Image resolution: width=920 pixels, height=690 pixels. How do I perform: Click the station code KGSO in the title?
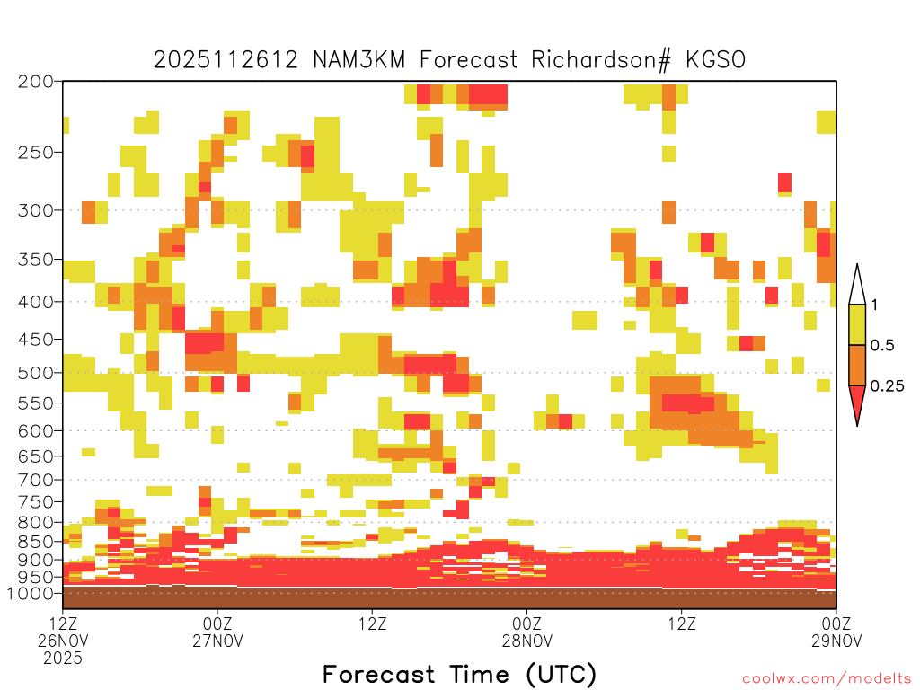(x=716, y=60)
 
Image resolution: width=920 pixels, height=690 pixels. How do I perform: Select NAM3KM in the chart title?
(x=359, y=60)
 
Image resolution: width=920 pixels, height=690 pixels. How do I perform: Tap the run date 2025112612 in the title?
(x=226, y=60)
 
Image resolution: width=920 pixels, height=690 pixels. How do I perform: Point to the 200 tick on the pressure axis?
(x=36, y=82)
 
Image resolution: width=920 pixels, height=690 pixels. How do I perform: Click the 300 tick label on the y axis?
(x=36, y=210)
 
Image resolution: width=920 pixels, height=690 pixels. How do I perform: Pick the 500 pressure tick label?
(x=36, y=373)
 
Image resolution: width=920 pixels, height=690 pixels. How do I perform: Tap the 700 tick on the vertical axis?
(x=36, y=480)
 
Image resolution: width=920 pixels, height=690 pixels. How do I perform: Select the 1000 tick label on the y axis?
(x=31, y=593)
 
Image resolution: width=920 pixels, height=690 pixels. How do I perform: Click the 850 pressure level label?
(x=36, y=542)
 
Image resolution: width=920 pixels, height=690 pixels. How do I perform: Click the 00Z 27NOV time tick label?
(x=217, y=632)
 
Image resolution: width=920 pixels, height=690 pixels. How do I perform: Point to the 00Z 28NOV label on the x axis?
(x=526, y=632)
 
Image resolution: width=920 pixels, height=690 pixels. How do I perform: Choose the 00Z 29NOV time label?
(x=836, y=632)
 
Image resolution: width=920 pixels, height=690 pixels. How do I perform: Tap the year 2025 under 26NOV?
(x=63, y=659)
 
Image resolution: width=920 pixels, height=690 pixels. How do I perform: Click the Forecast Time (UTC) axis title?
(x=459, y=675)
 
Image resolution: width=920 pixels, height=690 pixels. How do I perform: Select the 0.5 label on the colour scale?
(x=882, y=345)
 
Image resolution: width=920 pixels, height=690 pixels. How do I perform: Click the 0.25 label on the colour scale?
(x=887, y=385)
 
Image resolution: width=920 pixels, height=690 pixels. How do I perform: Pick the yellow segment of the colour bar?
(x=857, y=324)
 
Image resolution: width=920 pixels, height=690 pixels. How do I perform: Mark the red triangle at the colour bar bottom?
(x=857, y=401)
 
